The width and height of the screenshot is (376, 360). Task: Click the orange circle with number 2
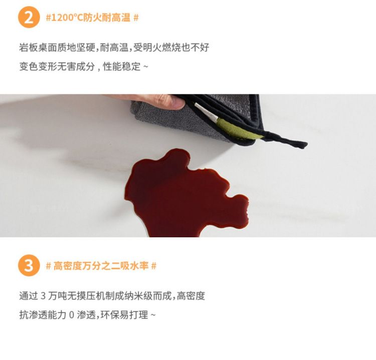coord(29,17)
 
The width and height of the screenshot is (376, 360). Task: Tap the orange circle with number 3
coord(29,265)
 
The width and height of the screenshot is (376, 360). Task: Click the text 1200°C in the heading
coord(67,18)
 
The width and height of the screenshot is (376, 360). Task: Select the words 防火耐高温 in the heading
coord(107,18)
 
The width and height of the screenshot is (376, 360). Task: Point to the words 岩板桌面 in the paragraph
coord(38,48)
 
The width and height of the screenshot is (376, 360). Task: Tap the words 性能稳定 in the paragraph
coord(122,67)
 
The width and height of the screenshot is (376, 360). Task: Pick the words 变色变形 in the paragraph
coord(38,67)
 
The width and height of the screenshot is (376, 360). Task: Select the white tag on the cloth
coord(207,111)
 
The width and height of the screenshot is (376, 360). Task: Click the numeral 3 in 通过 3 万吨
coord(43,296)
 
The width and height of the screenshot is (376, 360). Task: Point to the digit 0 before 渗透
coord(72,315)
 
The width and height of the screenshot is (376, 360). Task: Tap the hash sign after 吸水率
coord(154,266)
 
